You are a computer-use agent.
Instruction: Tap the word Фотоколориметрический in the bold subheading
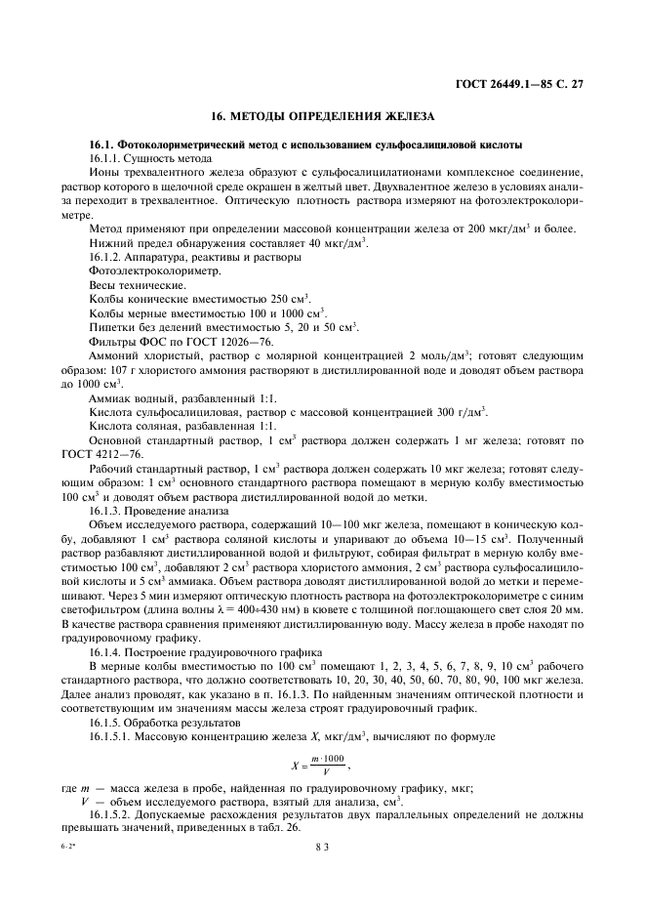178,144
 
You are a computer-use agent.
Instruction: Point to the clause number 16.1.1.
107,157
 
